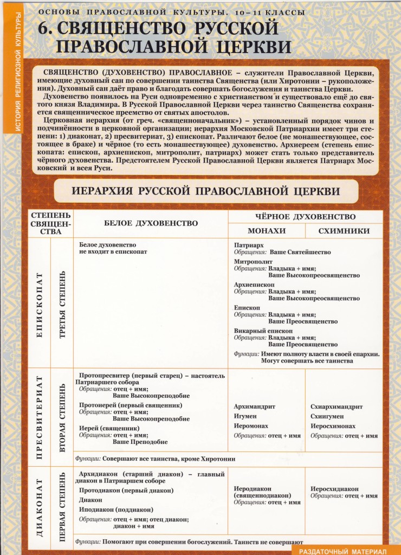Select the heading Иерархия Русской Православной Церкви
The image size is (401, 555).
click(206, 191)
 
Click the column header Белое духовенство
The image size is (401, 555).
click(151, 223)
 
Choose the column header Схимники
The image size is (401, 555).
click(344, 231)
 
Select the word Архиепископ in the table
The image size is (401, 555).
click(254, 284)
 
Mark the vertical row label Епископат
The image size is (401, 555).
click(38, 305)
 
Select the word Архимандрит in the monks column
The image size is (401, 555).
click(255, 406)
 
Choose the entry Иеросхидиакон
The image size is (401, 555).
click(334, 488)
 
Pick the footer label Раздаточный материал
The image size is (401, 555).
click(344, 550)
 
